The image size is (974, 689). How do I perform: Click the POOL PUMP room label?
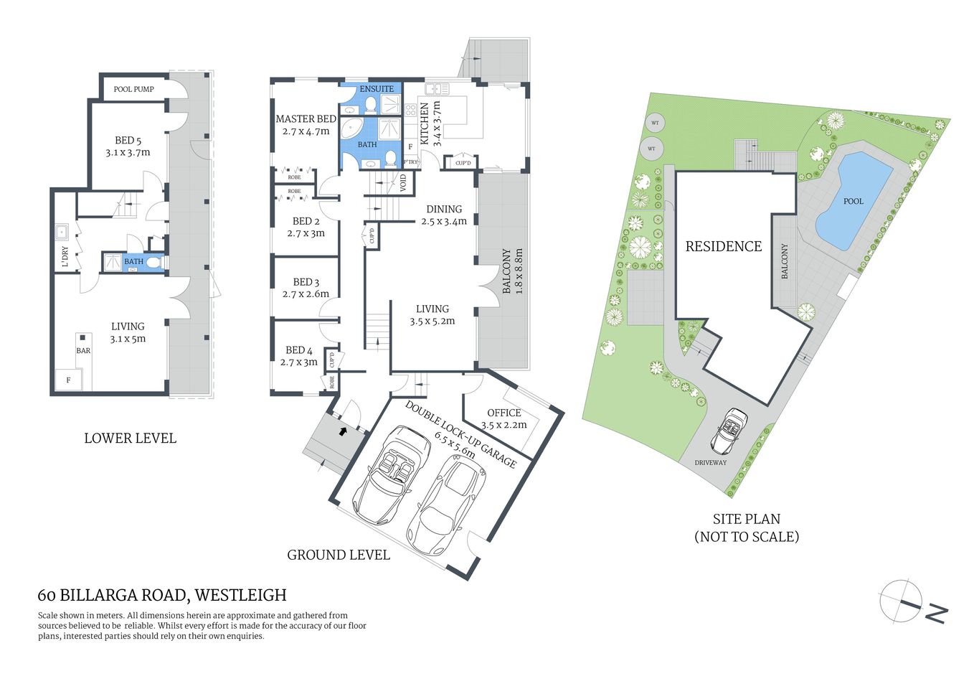click(x=133, y=89)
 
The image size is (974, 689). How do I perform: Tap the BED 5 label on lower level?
click(x=128, y=141)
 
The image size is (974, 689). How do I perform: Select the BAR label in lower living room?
click(x=83, y=350)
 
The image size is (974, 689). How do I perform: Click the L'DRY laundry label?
click(x=65, y=256)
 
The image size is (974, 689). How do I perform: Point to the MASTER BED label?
click(x=306, y=119)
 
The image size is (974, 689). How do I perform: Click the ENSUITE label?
click(x=377, y=89)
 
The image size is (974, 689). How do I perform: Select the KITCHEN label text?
click(x=424, y=123)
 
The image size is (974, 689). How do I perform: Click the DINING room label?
click(x=444, y=210)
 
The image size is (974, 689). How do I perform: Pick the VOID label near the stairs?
click(x=403, y=183)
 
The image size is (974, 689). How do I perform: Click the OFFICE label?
click(x=503, y=413)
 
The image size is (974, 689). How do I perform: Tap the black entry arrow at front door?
click(x=342, y=431)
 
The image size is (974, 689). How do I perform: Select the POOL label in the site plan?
click(x=853, y=201)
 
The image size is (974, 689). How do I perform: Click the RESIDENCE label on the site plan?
click(x=723, y=246)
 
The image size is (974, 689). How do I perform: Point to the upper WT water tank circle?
click(x=654, y=123)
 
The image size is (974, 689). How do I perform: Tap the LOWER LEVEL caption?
click(x=130, y=438)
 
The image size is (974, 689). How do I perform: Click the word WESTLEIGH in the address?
click(x=240, y=595)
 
